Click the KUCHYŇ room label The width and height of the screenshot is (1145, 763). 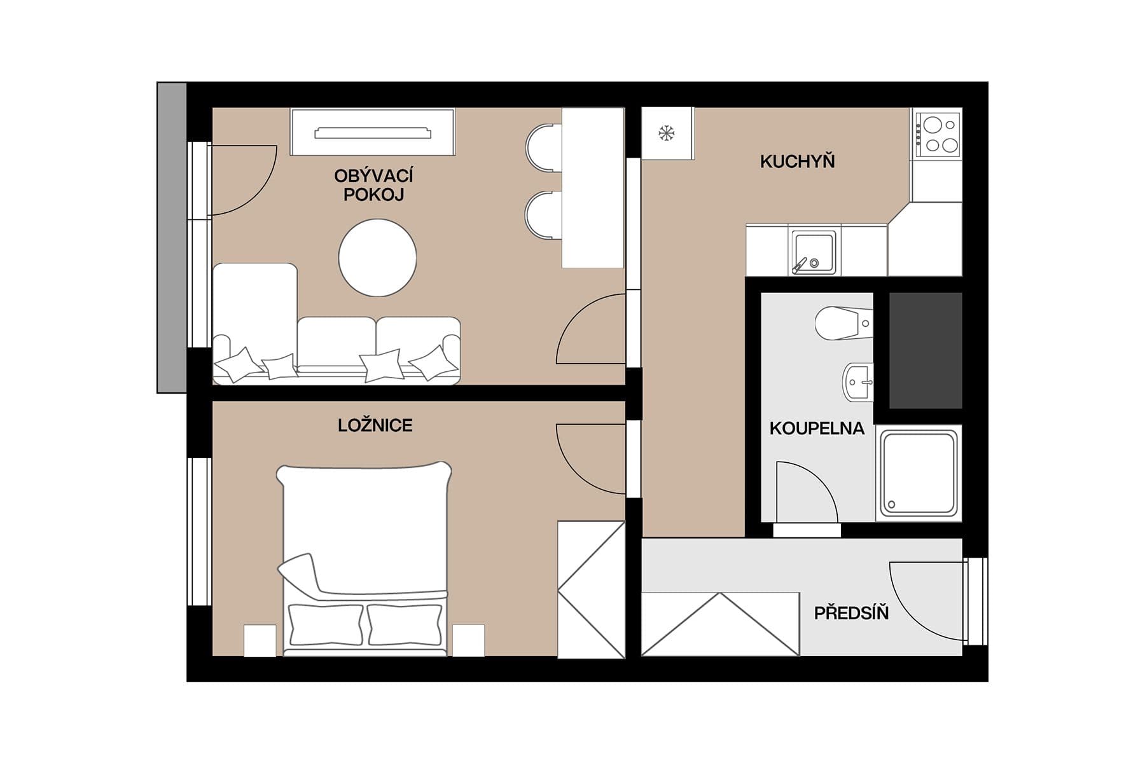pyautogui.click(x=797, y=162)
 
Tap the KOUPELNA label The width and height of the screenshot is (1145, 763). pyautogui.click(x=817, y=429)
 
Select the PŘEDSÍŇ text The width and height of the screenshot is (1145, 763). pyautogui.click(x=851, y=614)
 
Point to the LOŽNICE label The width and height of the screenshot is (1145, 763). pyautogui.click(x=375, y=425)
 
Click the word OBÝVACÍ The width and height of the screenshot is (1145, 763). pyautogui.click(x=373, y=176)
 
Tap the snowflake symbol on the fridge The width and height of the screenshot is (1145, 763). pyautogui.click(x=666, y=134)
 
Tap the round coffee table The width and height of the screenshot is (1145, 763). pyautogui.click(x=377, y=258)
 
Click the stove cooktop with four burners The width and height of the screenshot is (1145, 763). pyautogui.click(x=938, y=134)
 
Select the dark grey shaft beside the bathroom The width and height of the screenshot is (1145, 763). pyautogui.click(x=925, y=350)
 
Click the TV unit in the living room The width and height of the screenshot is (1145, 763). pyautogui.click(x=373, y=132)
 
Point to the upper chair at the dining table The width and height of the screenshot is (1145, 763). pyautogui.click(x=544, y=148)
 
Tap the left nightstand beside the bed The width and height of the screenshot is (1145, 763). pyautogui.click(x=260, y=640)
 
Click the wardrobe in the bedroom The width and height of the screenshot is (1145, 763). pyautogui.click(x=591, y=589)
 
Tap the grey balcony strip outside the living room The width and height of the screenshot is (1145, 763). pyautogui.click(x=172, y=237)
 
